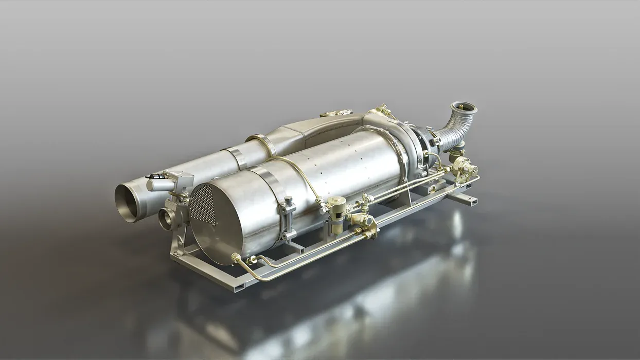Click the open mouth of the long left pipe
[x=127, y=203]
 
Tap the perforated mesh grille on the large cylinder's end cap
[x=202, y=205]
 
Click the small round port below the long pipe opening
[x=165, y=219]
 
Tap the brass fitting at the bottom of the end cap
[x=237, y=257]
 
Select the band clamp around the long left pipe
[x=237, y=157]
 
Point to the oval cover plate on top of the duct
[x=335, y=113]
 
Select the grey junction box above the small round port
[x=181, y=179]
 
